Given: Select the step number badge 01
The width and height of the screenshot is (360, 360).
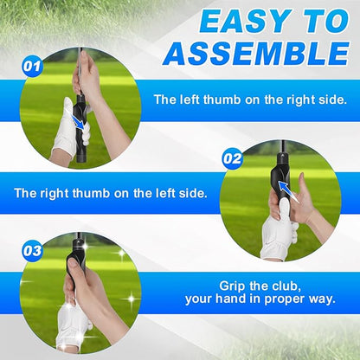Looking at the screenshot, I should [32, 65].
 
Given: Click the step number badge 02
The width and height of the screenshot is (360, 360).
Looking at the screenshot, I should [232, 158].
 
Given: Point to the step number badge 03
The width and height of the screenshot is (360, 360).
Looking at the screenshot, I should [32, 251].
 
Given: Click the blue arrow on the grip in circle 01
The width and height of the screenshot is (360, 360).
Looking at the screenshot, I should [80, 123].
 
